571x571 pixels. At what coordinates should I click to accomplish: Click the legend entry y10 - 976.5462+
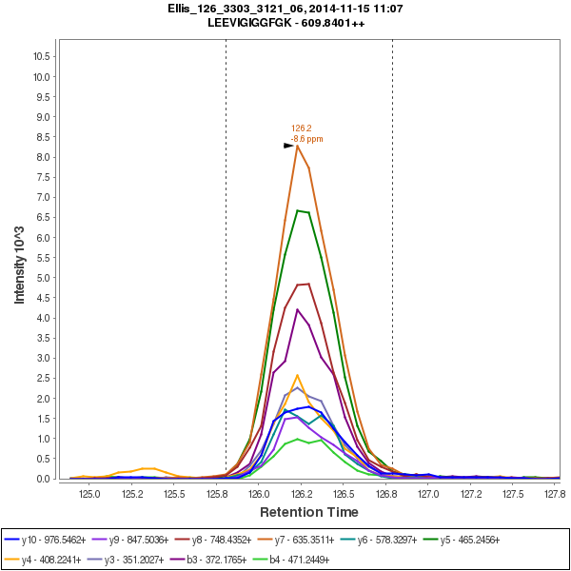click(46, 539)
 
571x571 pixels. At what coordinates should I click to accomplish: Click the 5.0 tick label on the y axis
click(41, 278)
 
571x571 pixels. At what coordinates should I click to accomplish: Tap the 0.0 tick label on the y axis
click(41, 479)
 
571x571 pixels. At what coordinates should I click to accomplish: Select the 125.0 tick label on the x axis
click(90, 494)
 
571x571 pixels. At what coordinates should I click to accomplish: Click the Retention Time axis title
click(310, 513)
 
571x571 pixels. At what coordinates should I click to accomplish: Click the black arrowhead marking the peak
click(288, 146)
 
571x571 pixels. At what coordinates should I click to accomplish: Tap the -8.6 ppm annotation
click(306, 139)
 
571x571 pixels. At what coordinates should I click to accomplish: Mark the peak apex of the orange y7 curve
click(297, 146)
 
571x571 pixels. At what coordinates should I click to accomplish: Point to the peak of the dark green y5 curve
click(297, 210)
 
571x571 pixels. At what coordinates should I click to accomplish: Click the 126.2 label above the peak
click(302, 128)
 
